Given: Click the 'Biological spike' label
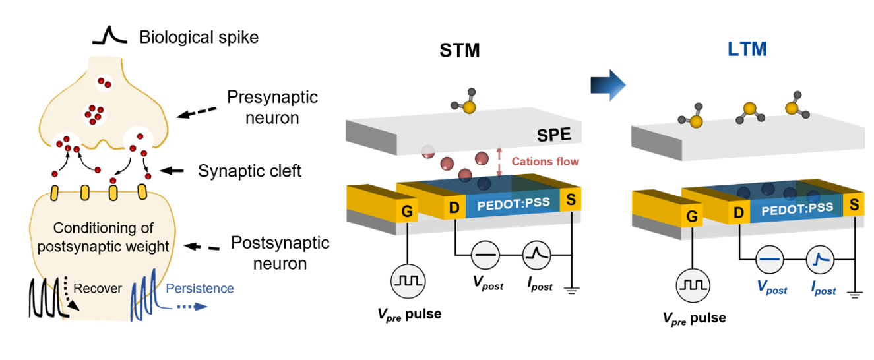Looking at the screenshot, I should pos(199,37).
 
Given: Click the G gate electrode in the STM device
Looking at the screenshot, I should pos(407,211).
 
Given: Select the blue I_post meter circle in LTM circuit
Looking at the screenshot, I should pos(821,260).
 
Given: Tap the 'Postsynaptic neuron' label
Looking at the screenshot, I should pos(280,253).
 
